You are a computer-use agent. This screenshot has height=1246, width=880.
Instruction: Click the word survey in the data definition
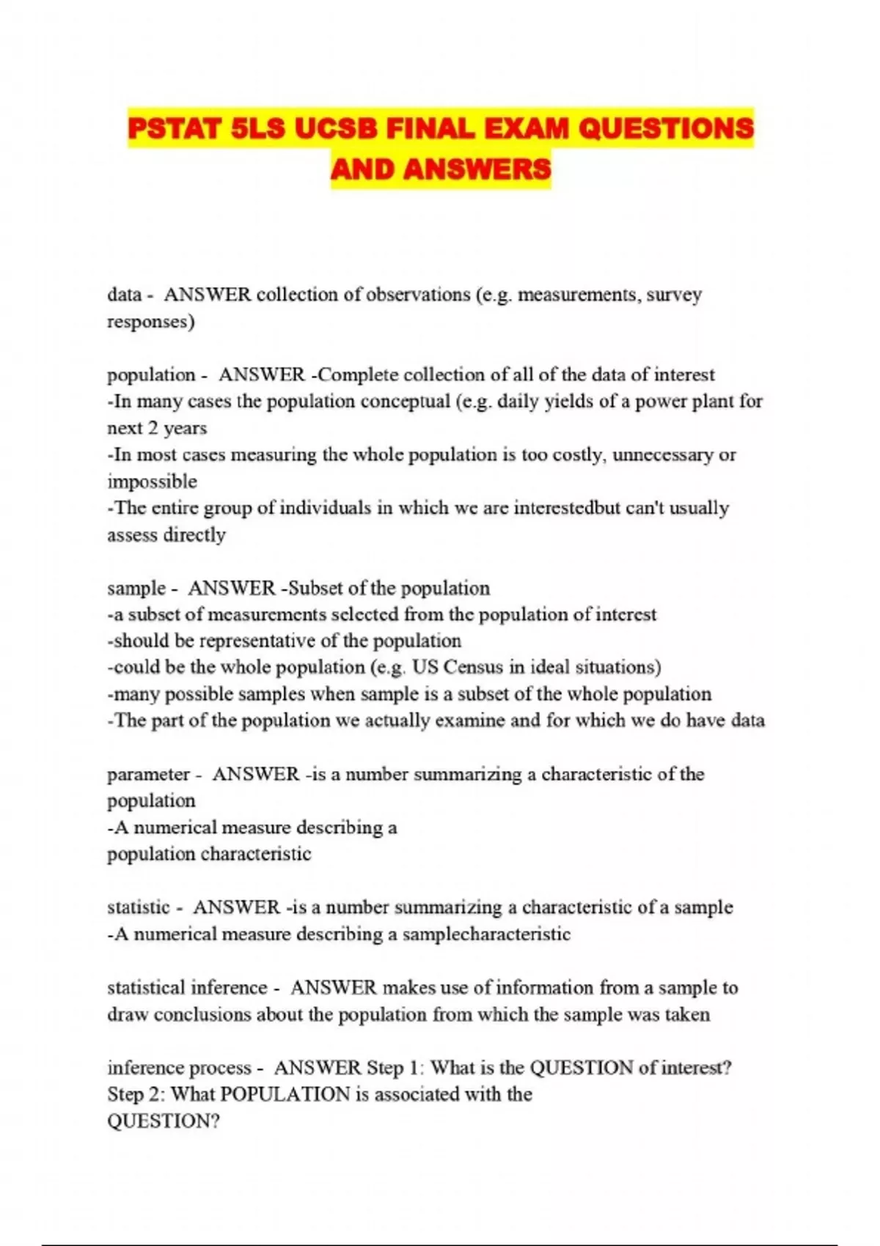(674, 295)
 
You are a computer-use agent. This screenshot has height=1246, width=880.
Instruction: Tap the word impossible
(152, 482)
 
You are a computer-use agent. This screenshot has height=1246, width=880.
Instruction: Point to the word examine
(469, 721)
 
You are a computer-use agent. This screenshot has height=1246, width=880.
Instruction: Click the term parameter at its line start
(148, 775)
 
